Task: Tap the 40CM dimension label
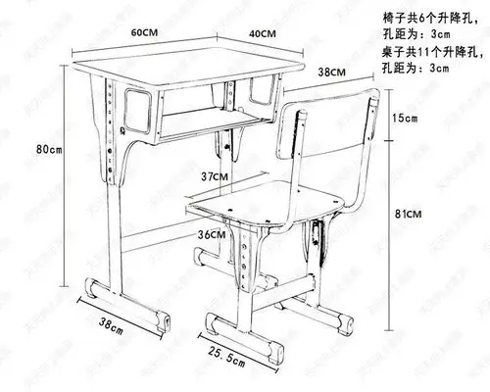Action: point(261,32)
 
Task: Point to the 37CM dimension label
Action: point(214,176)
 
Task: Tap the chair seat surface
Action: point(265,208)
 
